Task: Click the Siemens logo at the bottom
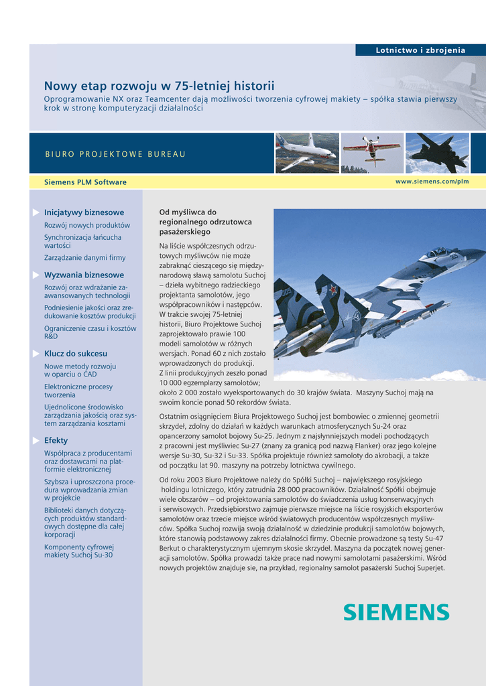coord(396,612)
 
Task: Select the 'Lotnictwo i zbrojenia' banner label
coord(420,50)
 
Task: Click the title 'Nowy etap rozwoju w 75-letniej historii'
coord(159,86)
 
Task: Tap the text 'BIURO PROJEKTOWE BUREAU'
coord(115,154)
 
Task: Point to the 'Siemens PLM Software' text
coord(85,182)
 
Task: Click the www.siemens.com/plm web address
coord(432,182)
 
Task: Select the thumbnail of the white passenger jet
coord(306,153)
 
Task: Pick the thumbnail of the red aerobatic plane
coord(371,153)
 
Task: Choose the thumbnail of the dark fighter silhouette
coord(438,153)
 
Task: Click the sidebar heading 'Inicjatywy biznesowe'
coord(84,212)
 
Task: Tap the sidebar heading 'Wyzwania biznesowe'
coord(84,275)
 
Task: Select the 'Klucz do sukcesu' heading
coord(76,353)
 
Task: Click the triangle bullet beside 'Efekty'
coord(36,440)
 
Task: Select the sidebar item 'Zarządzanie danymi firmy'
coord(84,257)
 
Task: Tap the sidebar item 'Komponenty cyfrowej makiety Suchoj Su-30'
coord(79,551)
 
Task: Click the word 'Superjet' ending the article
coord(429,568)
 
